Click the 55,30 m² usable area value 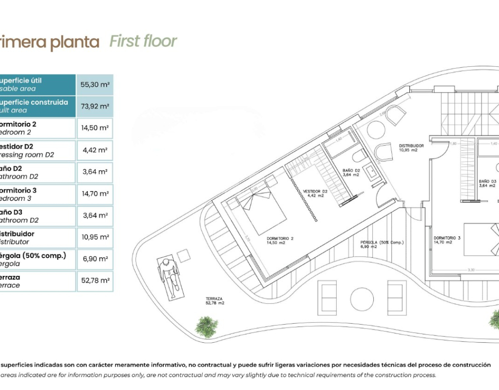(95, 84)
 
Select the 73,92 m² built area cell (95, 106)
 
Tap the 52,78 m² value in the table (95, 281)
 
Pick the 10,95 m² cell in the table (95, 237)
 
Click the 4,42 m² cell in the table (95, 150)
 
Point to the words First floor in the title (143, 41)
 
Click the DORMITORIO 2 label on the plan (280, 239)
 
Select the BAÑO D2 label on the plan (351, 171)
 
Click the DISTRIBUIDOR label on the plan (411, 146)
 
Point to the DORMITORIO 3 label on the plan (447, 238)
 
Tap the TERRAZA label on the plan (214, 299)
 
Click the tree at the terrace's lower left (206, 326)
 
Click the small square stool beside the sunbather (183, 255)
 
